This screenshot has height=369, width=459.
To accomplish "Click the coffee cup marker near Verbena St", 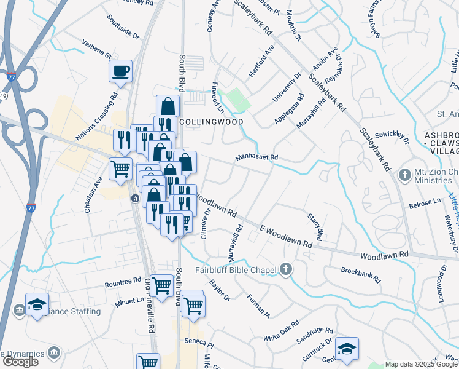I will (120, 71).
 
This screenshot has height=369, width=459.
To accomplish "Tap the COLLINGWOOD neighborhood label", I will (210, 121).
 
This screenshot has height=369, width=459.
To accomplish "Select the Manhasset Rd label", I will (257, 158).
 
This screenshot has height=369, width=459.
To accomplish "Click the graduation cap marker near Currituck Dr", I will (347, 348).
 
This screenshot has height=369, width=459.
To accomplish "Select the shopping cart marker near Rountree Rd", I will (161, 285).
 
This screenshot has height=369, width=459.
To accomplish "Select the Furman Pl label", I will (258, 306).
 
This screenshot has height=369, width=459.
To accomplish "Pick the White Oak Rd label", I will (281, 331).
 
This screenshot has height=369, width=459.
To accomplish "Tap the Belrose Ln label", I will (425, 202).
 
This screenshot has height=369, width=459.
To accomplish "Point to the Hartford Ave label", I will (261, 60).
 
